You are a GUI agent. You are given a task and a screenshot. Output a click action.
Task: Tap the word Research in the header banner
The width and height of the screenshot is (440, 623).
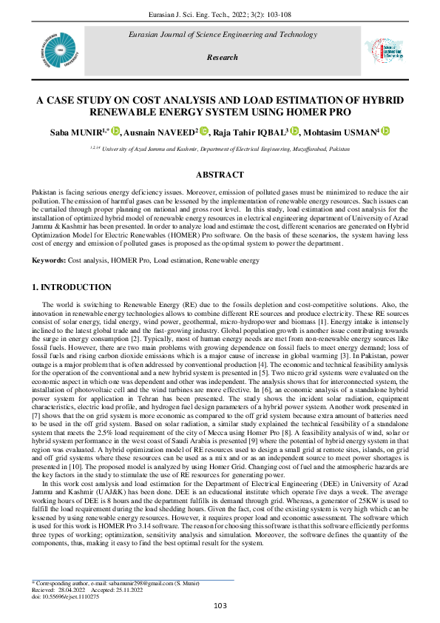pyautogui.click(x=222, y=57)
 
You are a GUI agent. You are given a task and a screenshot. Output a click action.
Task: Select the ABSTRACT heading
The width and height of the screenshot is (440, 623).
pyautogui.click(x=220, y=175)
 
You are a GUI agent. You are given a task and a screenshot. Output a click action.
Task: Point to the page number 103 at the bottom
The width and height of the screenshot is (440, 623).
pyautogui.click(x=220, y=607)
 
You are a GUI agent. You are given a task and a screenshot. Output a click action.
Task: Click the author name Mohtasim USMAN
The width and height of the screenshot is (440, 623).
pyautogui.click(x=342, y=132)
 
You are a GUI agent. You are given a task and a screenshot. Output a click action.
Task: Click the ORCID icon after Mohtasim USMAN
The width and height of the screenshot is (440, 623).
pyautogui.click(x=385, y=131)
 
